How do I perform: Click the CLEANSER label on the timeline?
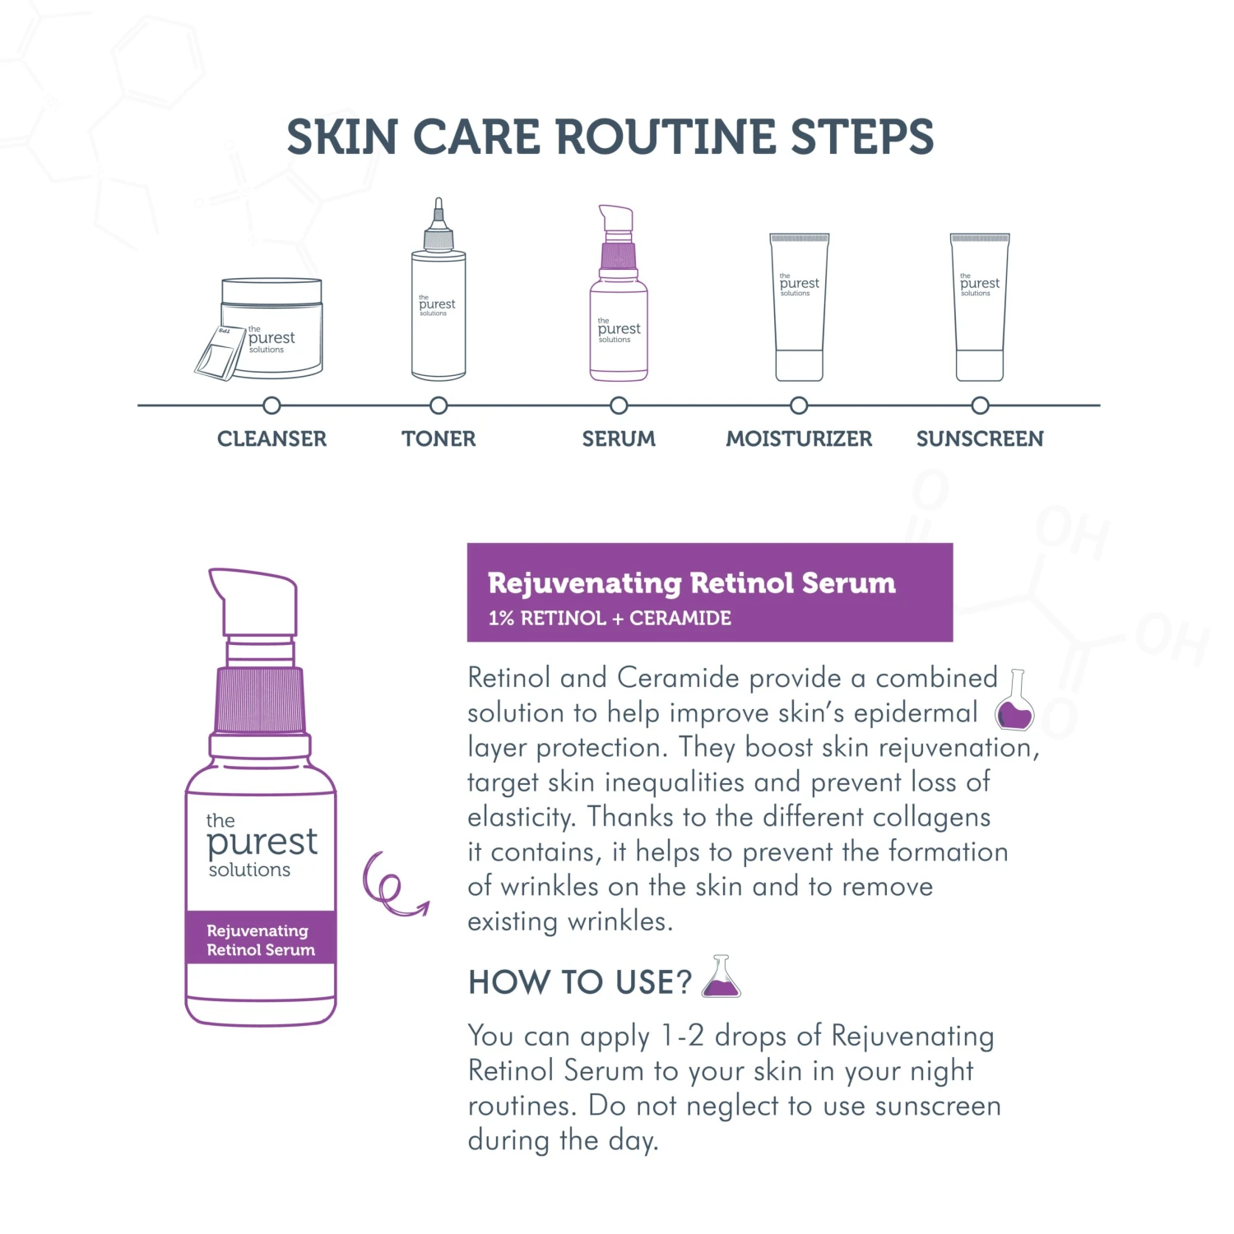[x=271, y=438]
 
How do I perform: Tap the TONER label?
[x=438, y=438]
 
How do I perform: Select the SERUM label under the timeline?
[x=619, y=438]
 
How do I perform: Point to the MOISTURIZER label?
[x=799, y=438]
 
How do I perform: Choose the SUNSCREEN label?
[x=980, y=438]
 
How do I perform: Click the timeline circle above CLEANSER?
[x=271, y=406]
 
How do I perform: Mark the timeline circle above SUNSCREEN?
[x=980, y=406]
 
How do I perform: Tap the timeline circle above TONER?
[x=438, y=406]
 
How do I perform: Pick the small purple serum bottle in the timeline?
[x=619, y=293]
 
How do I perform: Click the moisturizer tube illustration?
[x=799, y=307]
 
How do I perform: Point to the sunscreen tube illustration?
[x=980, y=307]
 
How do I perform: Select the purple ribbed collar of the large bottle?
[x=260, y=700]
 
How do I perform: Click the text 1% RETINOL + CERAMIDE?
[x=610, y=619]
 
